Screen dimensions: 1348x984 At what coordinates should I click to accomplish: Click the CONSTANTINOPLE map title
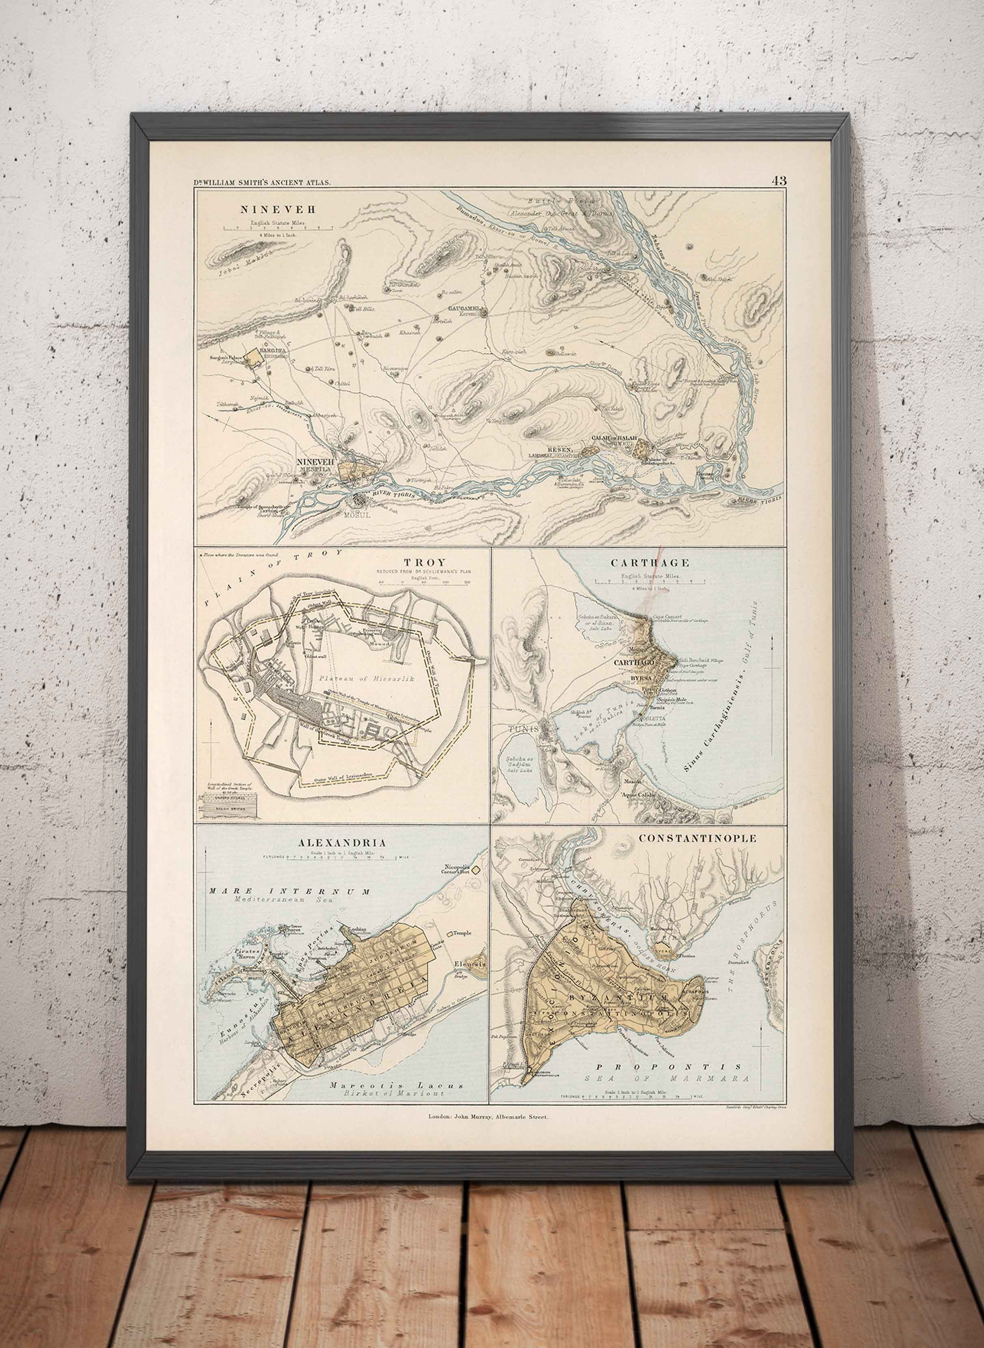(697, 839)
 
